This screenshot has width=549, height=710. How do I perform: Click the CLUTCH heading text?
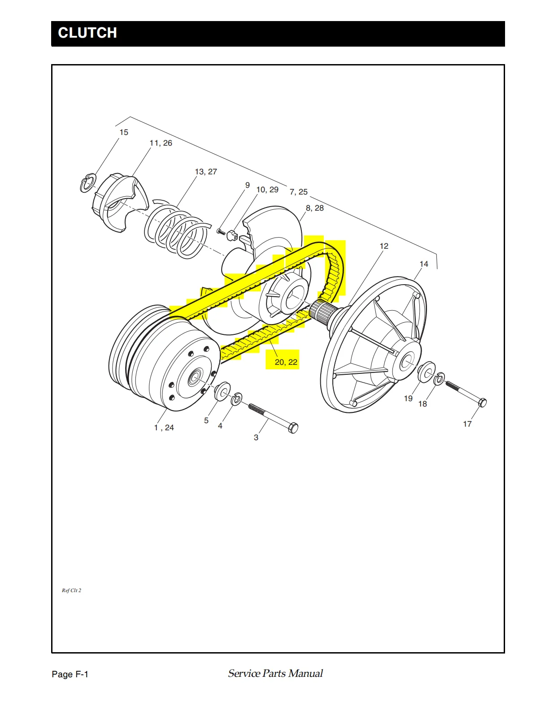(87, 33)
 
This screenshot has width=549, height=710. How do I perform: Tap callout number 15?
(124, 132)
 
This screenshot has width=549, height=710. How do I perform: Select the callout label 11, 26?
(161, 143)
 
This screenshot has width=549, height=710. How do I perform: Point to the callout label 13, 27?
(206, 172)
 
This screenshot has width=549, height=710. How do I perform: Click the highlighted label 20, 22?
(286, 362)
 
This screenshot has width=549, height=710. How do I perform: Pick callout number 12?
(384, 246)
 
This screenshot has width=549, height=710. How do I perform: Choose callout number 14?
(424, 264)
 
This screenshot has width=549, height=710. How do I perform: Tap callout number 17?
(467, 424)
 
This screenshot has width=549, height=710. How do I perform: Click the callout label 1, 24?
(164, 428)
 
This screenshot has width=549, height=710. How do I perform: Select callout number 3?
(256, 437)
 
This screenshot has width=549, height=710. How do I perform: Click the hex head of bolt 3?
(293, 428)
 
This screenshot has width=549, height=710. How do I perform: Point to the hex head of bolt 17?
(482, 402)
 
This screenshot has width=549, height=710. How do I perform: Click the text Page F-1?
(70, 674)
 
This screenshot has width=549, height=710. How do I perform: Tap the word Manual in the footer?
(305, 673)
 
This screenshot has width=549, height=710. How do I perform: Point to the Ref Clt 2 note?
(71, 590)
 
